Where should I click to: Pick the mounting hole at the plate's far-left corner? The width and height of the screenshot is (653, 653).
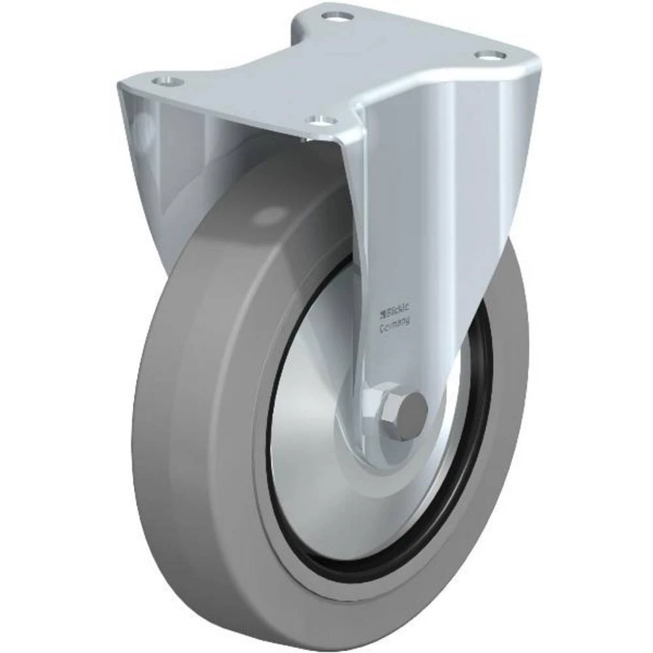tap(165, 80)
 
